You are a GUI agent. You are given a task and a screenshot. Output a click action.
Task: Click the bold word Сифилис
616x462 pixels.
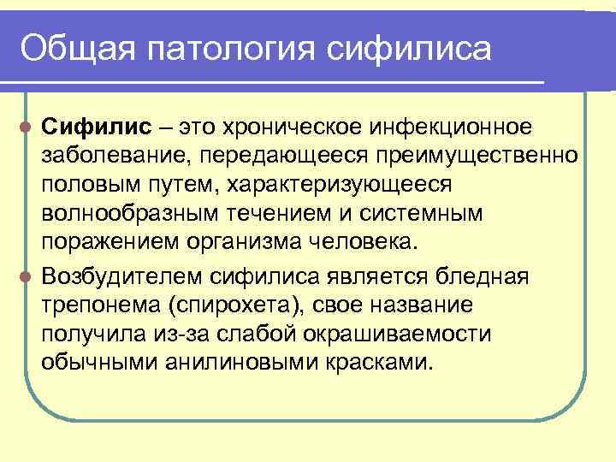(x=97, y=127)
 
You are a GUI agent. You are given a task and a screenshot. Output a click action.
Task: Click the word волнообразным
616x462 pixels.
(x=120, y=213)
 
